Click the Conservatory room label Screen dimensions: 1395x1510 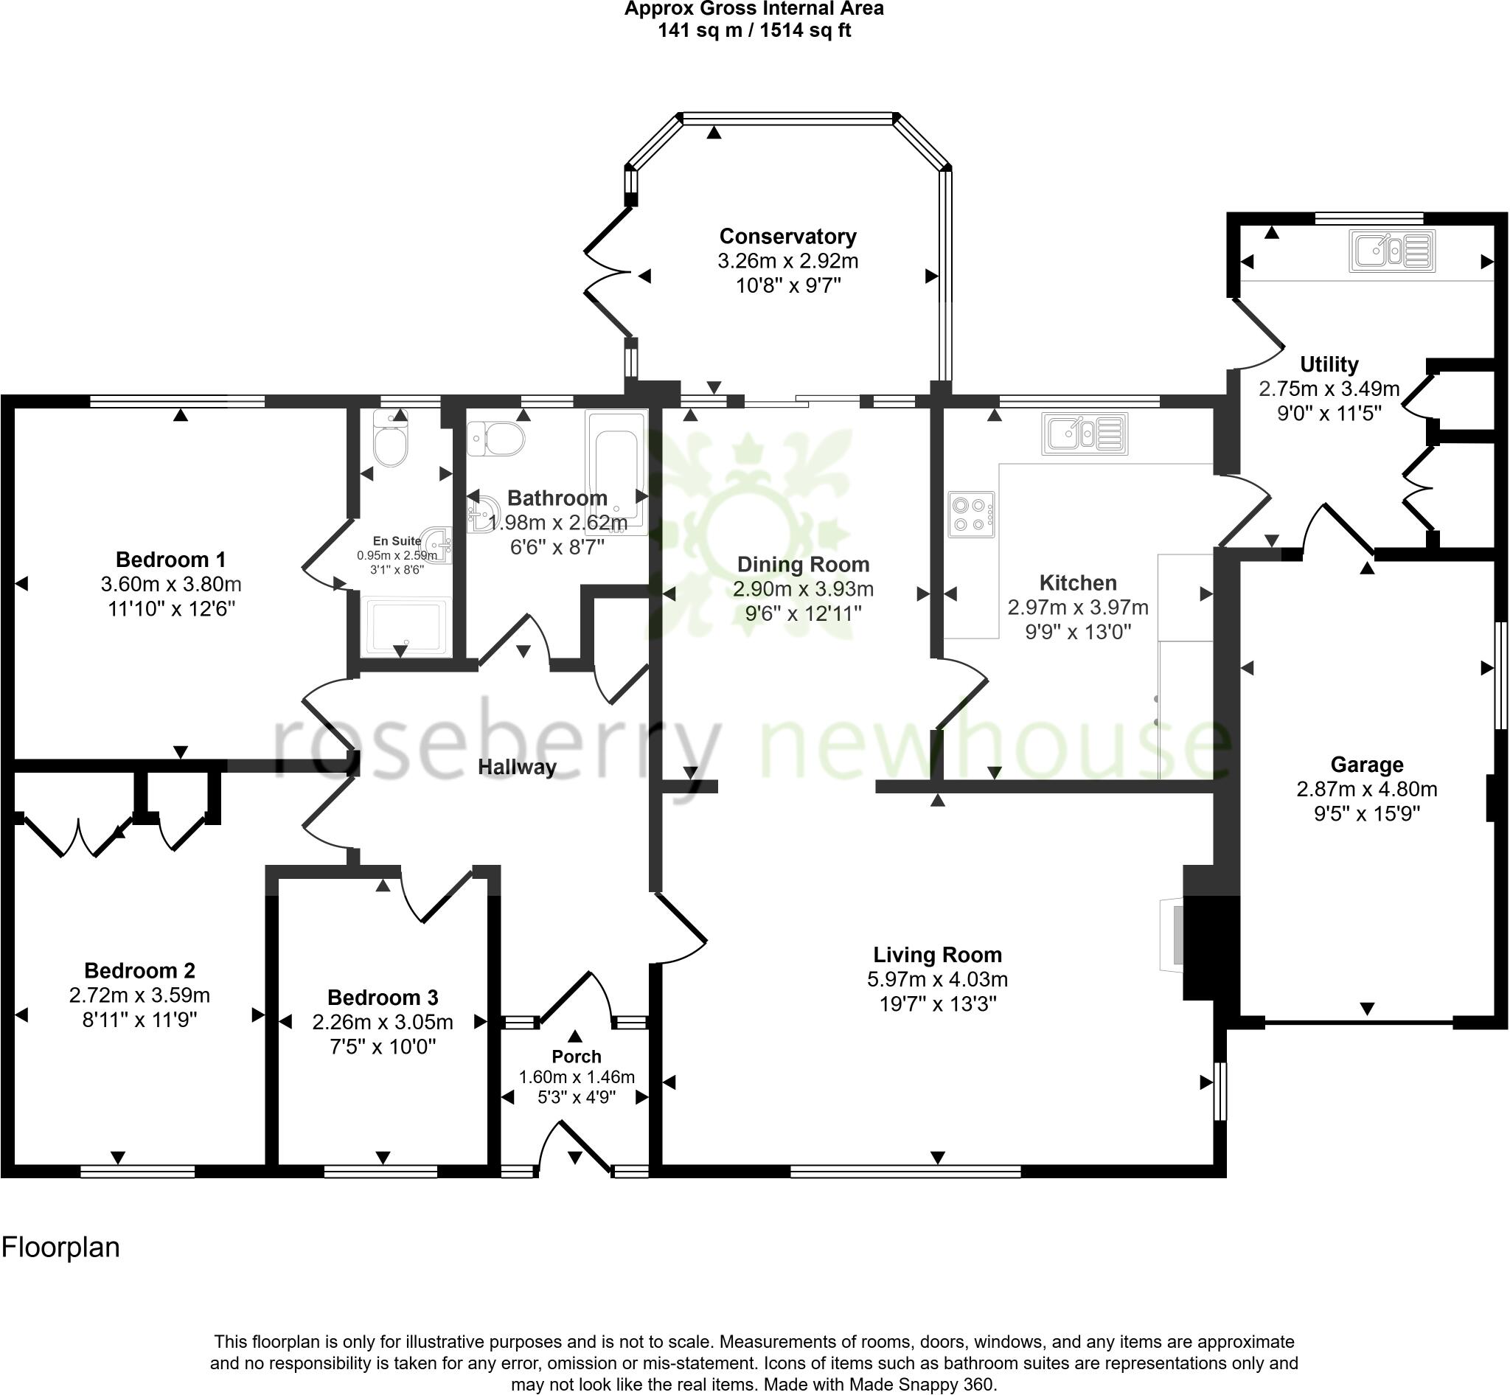787,236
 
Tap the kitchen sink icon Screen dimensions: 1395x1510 1084,434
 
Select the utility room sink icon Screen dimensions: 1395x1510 1391,251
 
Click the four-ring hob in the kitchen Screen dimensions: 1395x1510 971,514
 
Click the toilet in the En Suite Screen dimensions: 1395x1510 390,439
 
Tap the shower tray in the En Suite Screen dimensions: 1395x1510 406,625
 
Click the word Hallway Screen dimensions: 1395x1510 517,767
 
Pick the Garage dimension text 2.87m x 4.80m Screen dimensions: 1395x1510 1366,790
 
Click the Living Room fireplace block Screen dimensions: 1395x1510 1210,947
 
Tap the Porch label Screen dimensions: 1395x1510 576,1057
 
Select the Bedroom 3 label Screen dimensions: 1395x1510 383,998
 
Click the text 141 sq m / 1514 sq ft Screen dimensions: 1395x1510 754,31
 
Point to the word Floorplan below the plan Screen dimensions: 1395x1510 60,1248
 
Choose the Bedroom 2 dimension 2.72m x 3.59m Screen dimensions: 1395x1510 139,995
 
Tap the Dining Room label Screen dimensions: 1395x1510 803,565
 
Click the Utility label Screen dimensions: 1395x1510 1329,364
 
